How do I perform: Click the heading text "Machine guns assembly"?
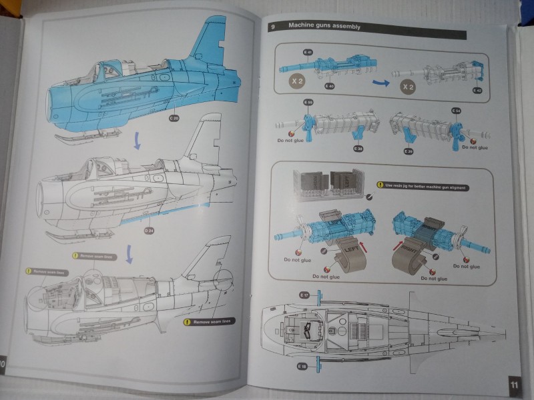[324, 26]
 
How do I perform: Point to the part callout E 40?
[329, 86]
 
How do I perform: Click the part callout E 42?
[477, 90]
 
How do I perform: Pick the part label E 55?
[308, 102]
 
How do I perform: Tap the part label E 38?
[359, 148]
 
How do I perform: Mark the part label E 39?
[407, 151]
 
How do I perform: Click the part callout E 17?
[304, 294]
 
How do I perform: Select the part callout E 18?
[302, 366]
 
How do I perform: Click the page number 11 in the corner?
[513, 385]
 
